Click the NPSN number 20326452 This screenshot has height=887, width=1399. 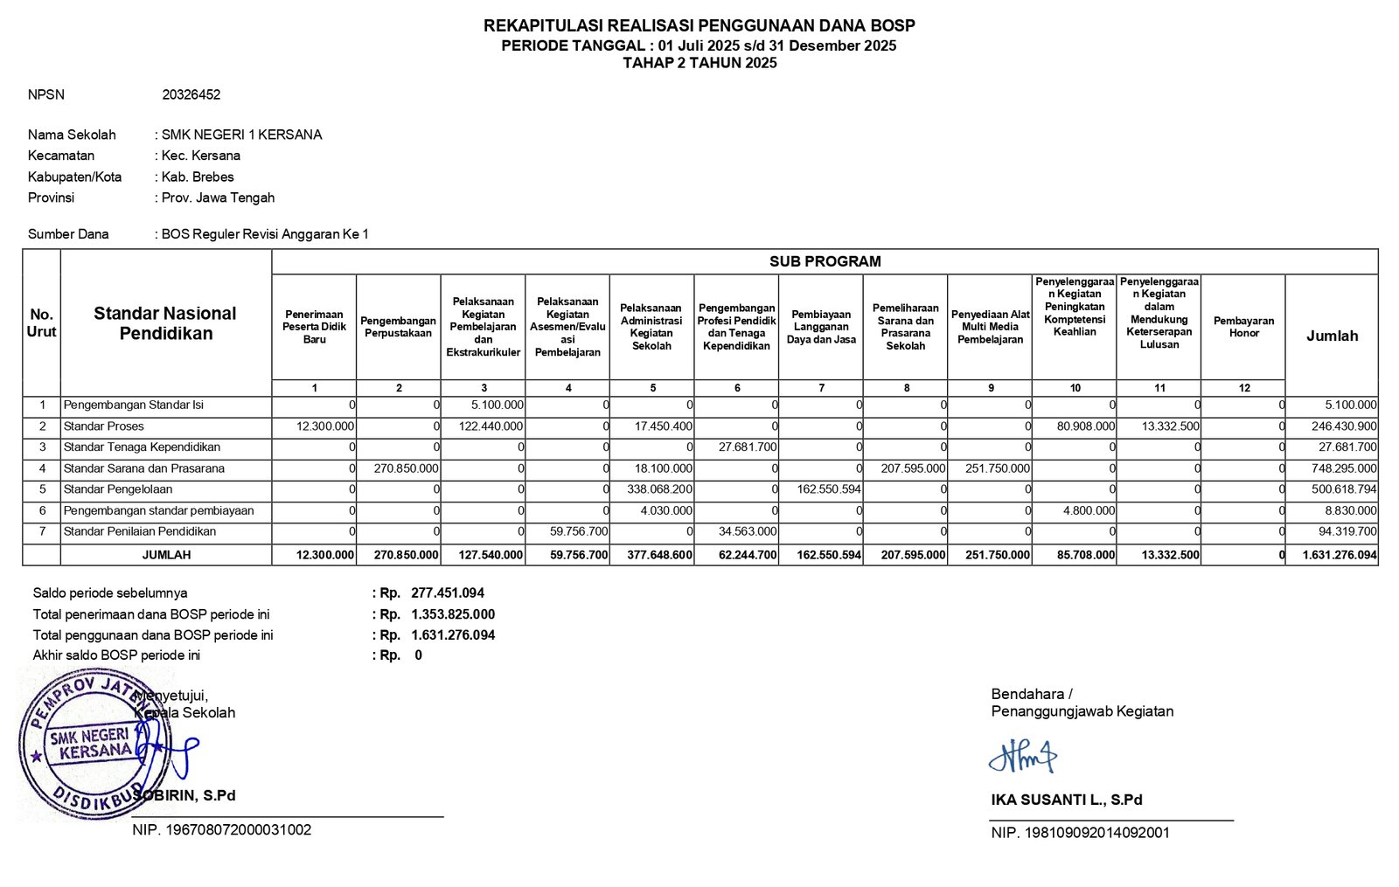[191, 94]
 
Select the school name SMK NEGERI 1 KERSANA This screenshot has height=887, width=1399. [241, 135]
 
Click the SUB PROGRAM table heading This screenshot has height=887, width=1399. [825, 261]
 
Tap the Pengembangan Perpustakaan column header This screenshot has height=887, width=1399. [398, 327]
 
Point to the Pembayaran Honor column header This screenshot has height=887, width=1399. [1243, 327]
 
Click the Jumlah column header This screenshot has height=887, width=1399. [1332, 336]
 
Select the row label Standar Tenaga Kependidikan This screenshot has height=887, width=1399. [142, 447]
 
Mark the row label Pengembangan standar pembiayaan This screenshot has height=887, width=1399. [158, 510]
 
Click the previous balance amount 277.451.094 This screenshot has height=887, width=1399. [448, 592]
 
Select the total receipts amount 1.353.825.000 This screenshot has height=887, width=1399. [453, 614]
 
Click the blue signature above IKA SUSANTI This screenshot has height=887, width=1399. [1022, 757]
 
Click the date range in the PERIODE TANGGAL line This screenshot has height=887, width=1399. [777, 45]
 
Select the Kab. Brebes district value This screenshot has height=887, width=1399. [198, 177]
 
